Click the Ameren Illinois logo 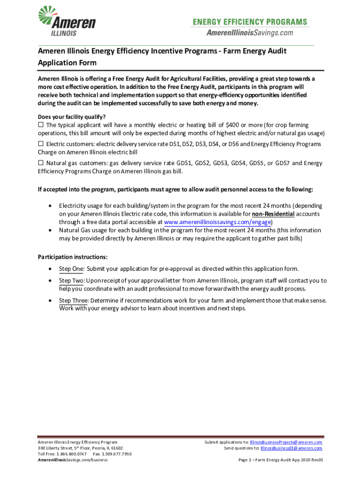coord(66,21)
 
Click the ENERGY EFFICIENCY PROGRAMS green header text coord(250,22)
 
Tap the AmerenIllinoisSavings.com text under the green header coord(250,32)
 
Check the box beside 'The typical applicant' coord(41,125)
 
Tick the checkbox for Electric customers coord(41,144)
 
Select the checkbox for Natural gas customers coord(41,163)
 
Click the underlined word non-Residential coord(273,214)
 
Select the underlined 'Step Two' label coord(71,281)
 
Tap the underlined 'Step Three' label coord(73,300)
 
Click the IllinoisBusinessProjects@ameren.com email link coord(286,442)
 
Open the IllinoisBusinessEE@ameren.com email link coord(291,448)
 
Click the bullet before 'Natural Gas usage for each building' coord(50,231)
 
